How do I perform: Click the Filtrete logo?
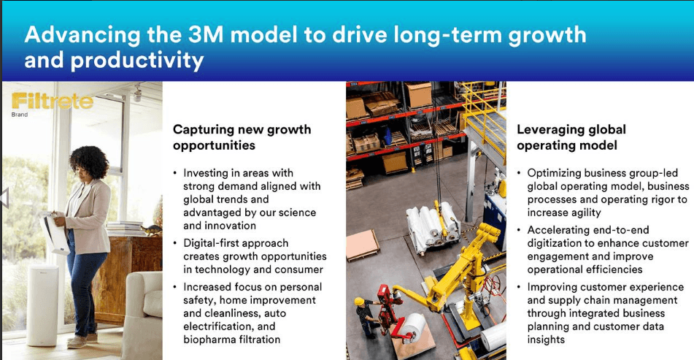point(52,101)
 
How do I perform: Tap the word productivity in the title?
point(137,60)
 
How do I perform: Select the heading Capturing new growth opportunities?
point(242,137)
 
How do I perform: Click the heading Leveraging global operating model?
point(571,137)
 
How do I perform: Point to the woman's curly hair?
point(88,162)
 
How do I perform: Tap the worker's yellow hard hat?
point(359,301)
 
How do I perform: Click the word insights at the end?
point(546,340)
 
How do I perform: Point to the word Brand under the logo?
point(20,115)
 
